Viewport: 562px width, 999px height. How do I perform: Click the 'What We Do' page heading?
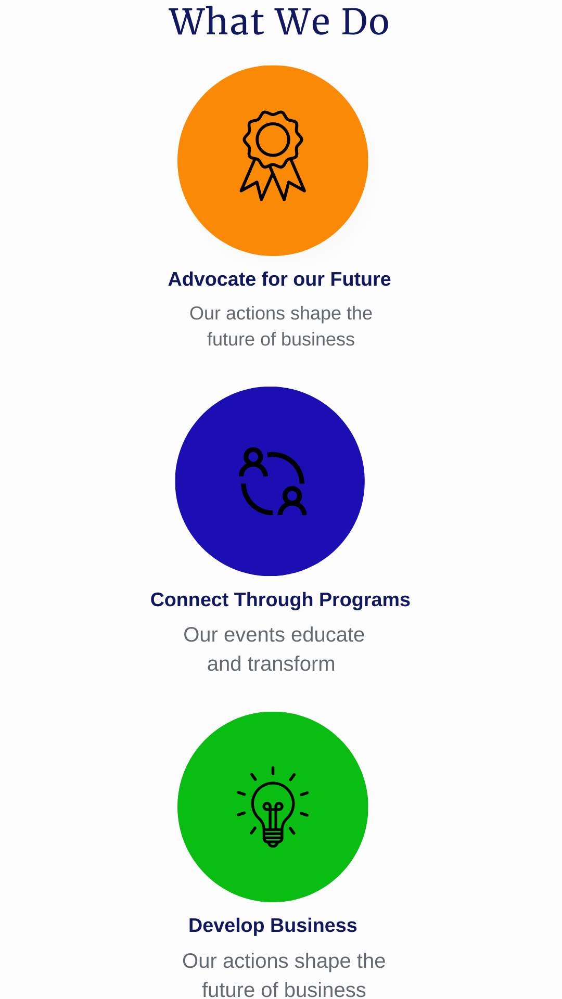279,22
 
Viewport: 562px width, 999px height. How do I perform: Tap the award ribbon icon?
273,156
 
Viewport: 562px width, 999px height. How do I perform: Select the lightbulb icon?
273,806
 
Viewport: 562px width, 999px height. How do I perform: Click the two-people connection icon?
273,481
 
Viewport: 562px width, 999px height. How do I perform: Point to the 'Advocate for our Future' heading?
279,279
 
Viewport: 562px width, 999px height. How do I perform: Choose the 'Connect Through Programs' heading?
280,600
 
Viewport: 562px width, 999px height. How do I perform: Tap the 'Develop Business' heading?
273,926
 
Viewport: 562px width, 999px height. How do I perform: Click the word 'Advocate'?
212,279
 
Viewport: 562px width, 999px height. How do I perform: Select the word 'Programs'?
364,600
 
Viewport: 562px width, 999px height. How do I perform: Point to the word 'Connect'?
189,600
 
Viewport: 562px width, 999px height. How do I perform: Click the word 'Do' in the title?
365,22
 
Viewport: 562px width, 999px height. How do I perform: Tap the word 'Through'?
274,600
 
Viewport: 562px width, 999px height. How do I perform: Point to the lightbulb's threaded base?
273,837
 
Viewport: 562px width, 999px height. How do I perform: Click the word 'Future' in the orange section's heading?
361,279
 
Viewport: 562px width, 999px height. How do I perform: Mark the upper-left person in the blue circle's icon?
253,462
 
